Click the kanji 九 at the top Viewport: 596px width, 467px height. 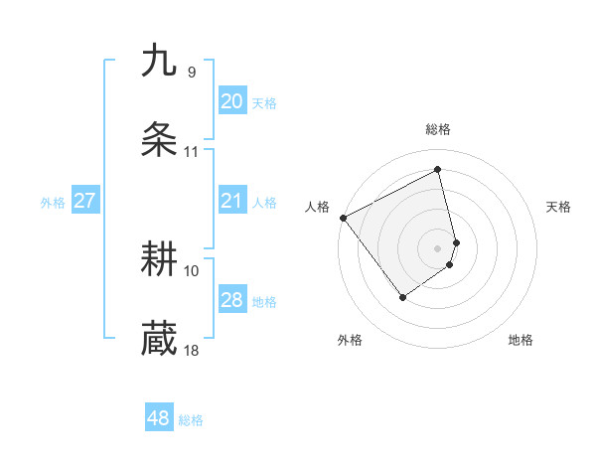point(159,61)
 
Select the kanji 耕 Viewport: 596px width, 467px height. point(159,260)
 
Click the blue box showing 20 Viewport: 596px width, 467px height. point(231,101)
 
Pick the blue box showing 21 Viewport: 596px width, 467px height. point(231,201)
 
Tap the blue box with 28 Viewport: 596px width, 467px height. point(231,300)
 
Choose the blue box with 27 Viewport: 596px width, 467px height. point(84,201)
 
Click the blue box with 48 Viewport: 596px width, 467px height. point(158,418)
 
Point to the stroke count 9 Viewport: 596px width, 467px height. point(191,72)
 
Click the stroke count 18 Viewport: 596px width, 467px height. point(191,350)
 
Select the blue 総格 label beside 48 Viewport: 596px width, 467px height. point(191,420)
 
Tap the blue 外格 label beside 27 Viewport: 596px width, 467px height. point(53,203)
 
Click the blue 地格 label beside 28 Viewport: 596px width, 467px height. point(264,302)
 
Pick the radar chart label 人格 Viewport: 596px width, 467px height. point(318,207)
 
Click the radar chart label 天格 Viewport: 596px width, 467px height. point(558,207)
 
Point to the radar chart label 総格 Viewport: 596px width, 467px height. point(438,129)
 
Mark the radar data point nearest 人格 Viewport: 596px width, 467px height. point(343,218)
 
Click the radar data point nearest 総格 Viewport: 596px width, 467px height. point(438,170)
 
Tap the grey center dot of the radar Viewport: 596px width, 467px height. point(438,247)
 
